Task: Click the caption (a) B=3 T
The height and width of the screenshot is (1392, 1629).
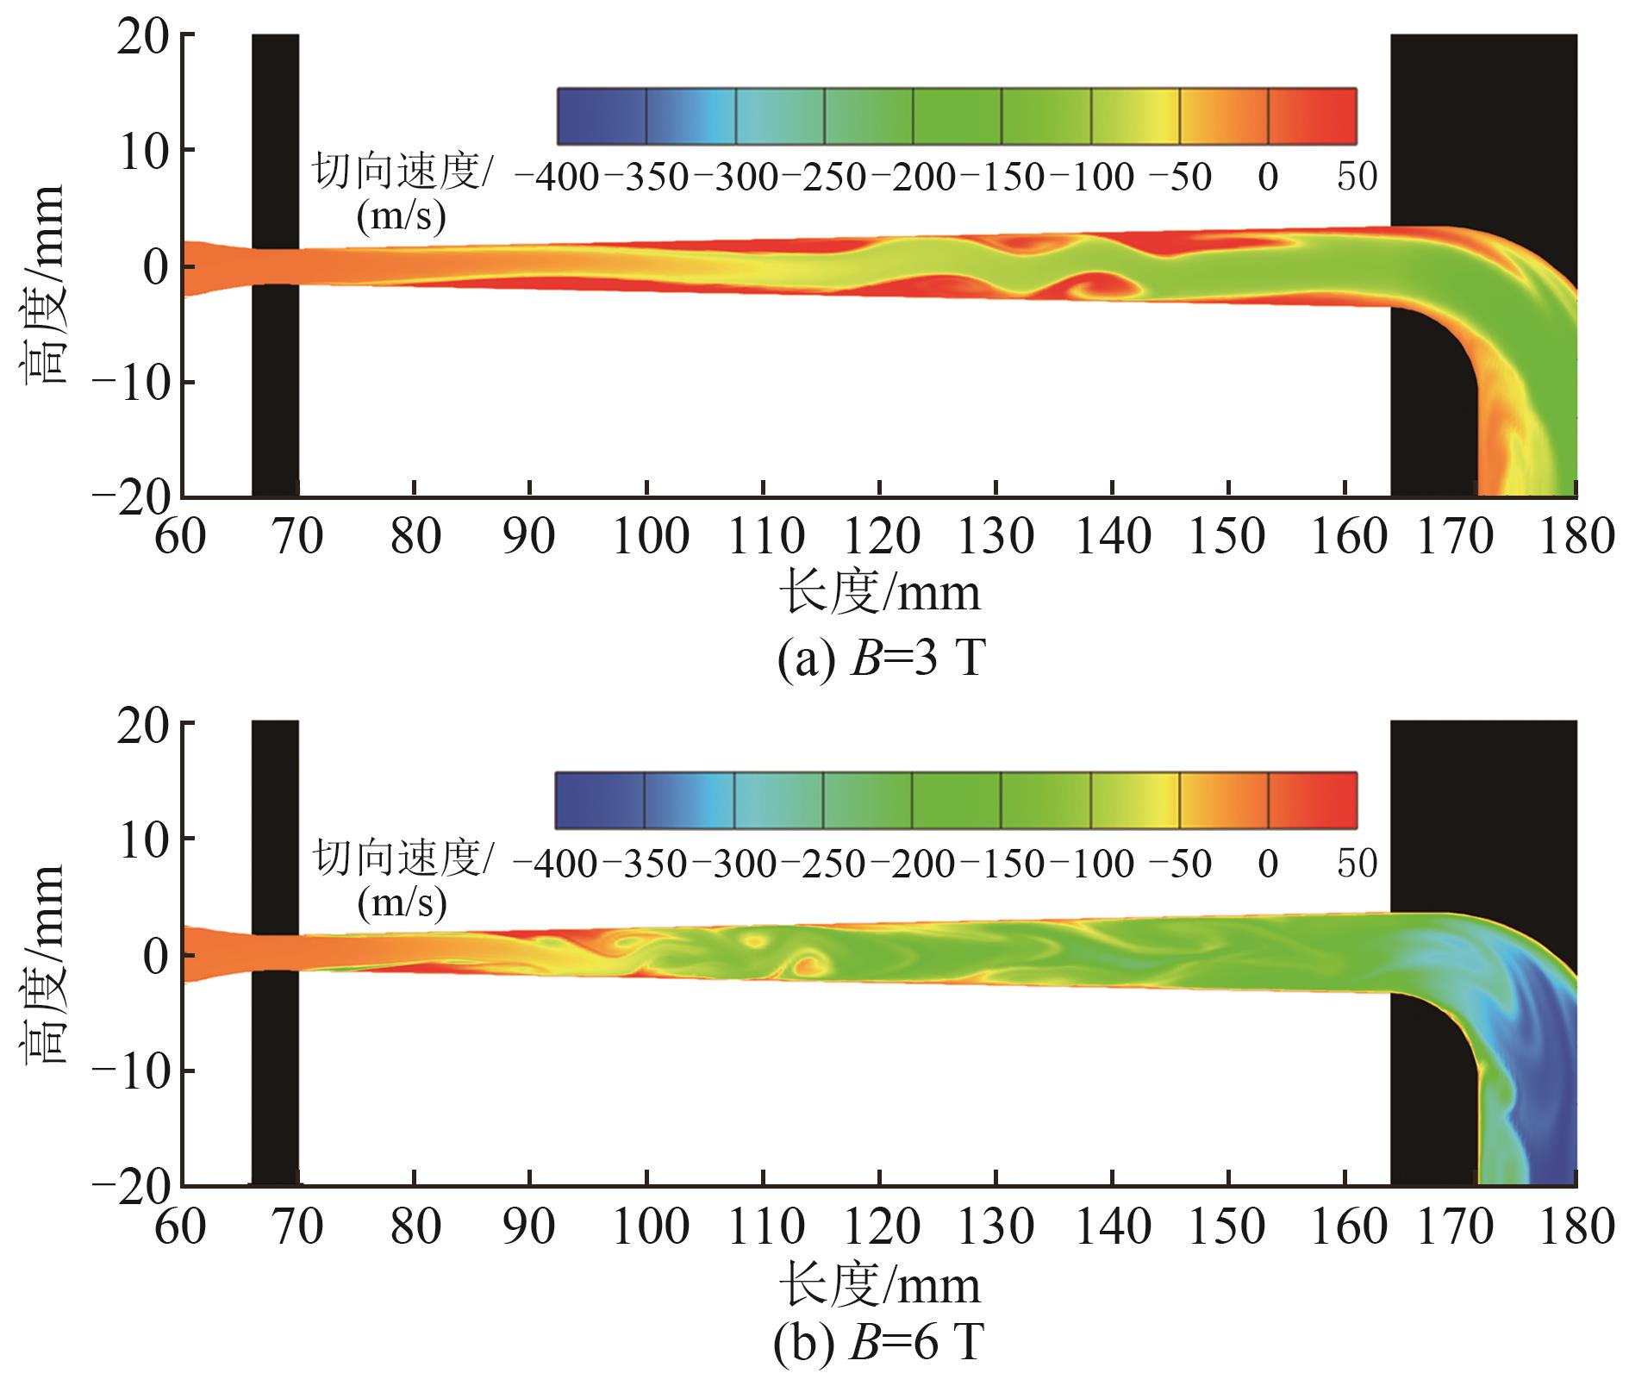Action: pos(879,661)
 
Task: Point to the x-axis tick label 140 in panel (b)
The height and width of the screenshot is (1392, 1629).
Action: pos(1113,1227)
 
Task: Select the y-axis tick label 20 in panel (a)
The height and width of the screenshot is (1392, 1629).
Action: pos(145,36)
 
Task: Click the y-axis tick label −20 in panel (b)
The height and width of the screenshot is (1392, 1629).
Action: pos(132,1185)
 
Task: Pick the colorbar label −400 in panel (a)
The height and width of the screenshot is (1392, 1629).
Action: pos(557,178)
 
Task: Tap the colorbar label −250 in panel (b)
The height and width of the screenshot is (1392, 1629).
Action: pos(824,864)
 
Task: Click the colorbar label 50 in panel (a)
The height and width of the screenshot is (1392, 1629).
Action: pos(1356,178)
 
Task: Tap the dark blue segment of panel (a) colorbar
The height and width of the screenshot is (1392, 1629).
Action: pos(602,115)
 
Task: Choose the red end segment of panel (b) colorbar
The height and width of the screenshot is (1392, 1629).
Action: pos(1311,801)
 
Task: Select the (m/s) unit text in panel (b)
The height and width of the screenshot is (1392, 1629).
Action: pos(401,903)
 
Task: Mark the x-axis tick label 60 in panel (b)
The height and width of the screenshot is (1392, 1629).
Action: pos(181,1227)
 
